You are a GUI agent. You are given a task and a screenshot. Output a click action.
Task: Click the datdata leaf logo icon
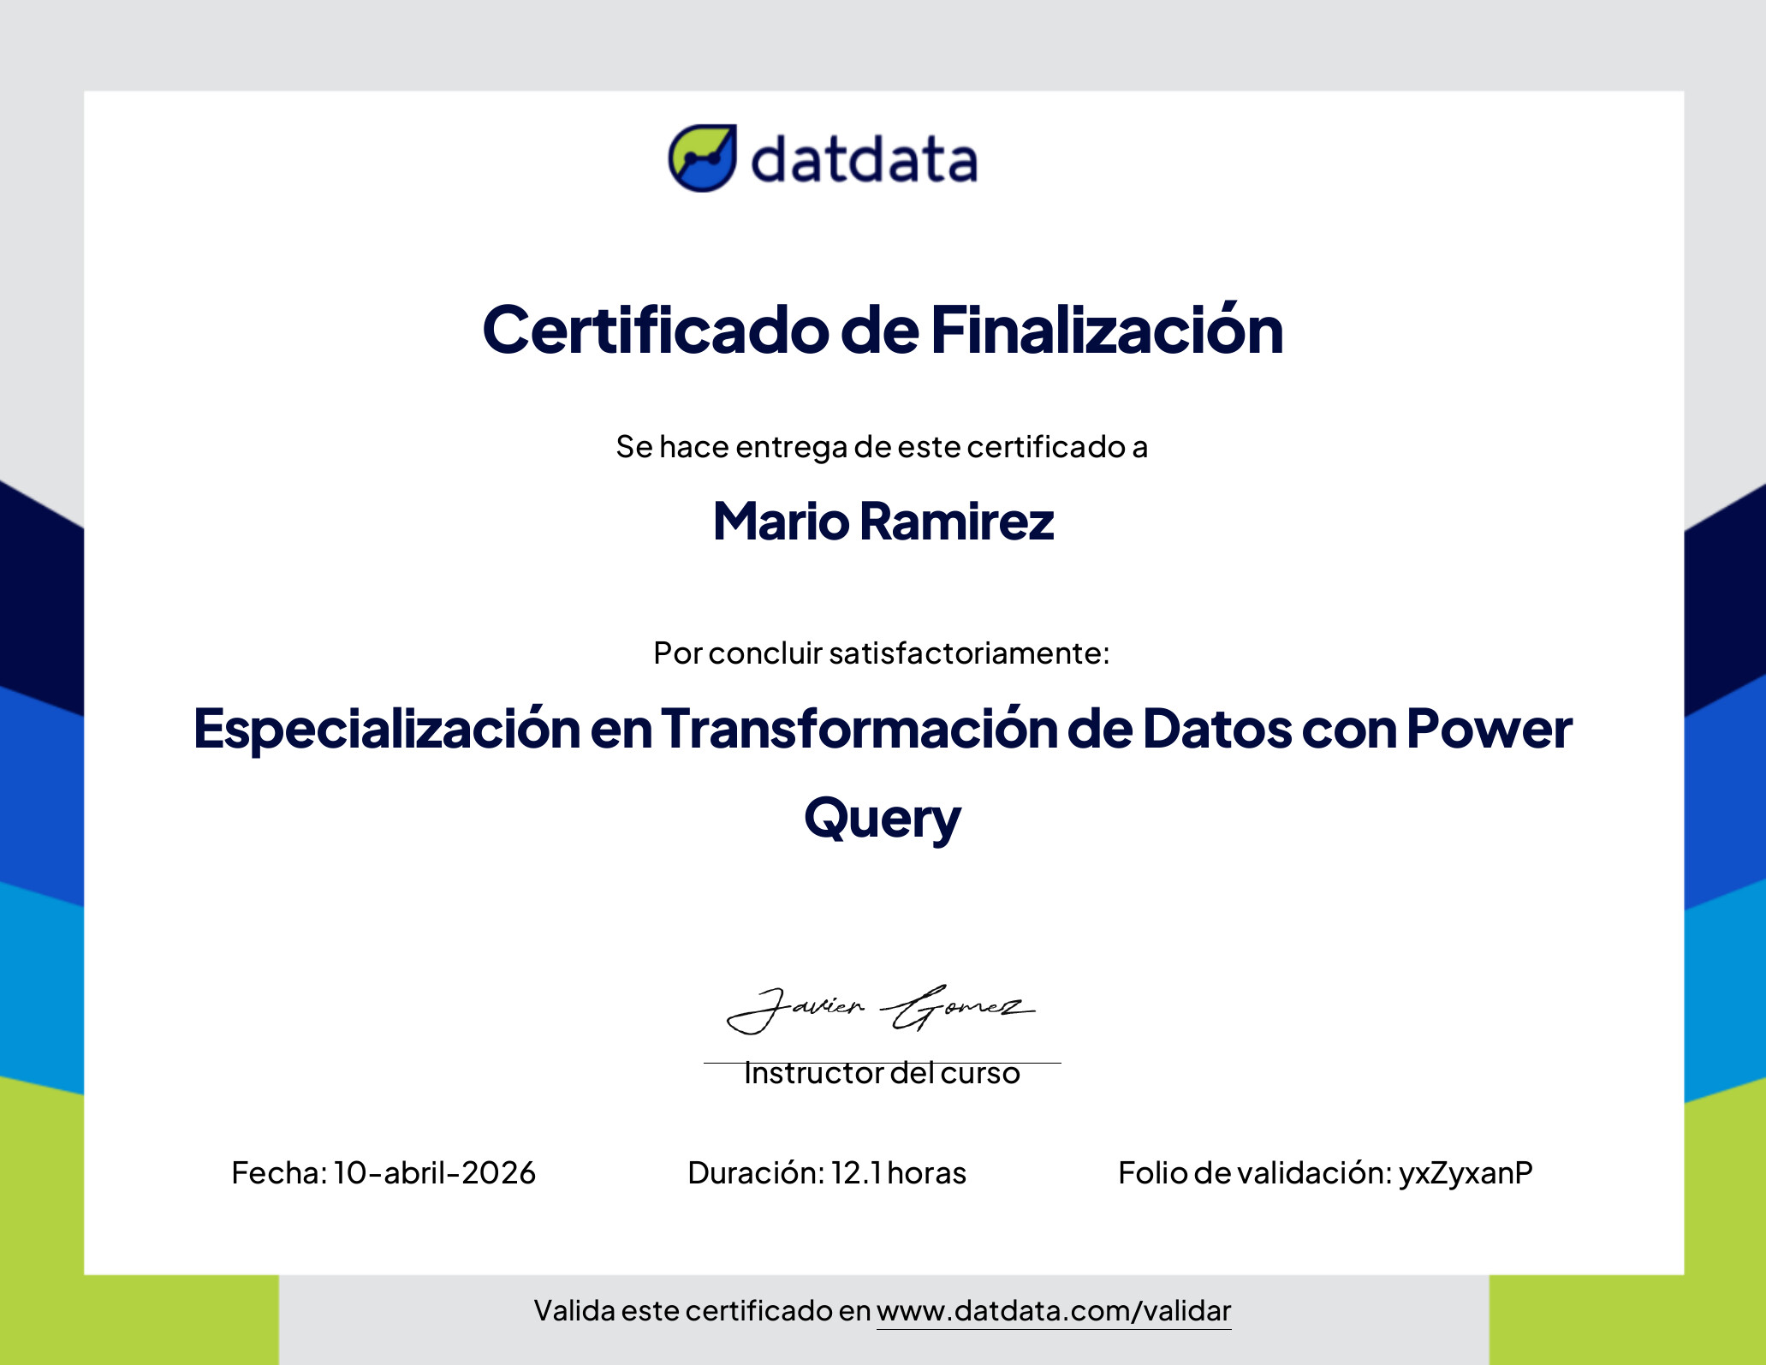click(702, 158)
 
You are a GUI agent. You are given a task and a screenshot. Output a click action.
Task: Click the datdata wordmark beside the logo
click(864, 160)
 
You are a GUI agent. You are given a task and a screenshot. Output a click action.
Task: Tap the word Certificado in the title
click(656, 330)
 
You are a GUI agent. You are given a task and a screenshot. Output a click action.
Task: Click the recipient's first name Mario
click(782, 521)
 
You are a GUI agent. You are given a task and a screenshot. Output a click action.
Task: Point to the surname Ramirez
click(957, 521)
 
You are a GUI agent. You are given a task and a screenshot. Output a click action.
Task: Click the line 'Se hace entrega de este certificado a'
click(882, 447)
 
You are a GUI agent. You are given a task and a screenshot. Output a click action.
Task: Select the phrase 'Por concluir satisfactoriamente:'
click(882, 653)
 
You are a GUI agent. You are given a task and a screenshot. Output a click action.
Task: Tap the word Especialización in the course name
click(387, 730)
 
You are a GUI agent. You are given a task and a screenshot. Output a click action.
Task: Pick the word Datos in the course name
click(1217, 728)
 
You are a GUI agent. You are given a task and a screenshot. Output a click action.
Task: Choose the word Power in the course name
click(1489, 728)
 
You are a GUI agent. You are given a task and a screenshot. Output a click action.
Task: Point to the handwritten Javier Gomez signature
click(881, 1009)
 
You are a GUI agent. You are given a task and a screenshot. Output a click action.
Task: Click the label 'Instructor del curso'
click(882, 1073)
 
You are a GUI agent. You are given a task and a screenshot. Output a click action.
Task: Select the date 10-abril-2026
click(435, 1172)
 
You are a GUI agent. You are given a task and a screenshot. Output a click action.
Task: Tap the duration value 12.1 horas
click(899, 1172)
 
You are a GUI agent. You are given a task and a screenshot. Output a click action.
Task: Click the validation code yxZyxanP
click(1466, 1173)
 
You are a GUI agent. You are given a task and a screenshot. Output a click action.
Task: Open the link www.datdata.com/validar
click(1054, 1311)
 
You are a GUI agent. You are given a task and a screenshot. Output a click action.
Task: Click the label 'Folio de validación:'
click(1255, 1172)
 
